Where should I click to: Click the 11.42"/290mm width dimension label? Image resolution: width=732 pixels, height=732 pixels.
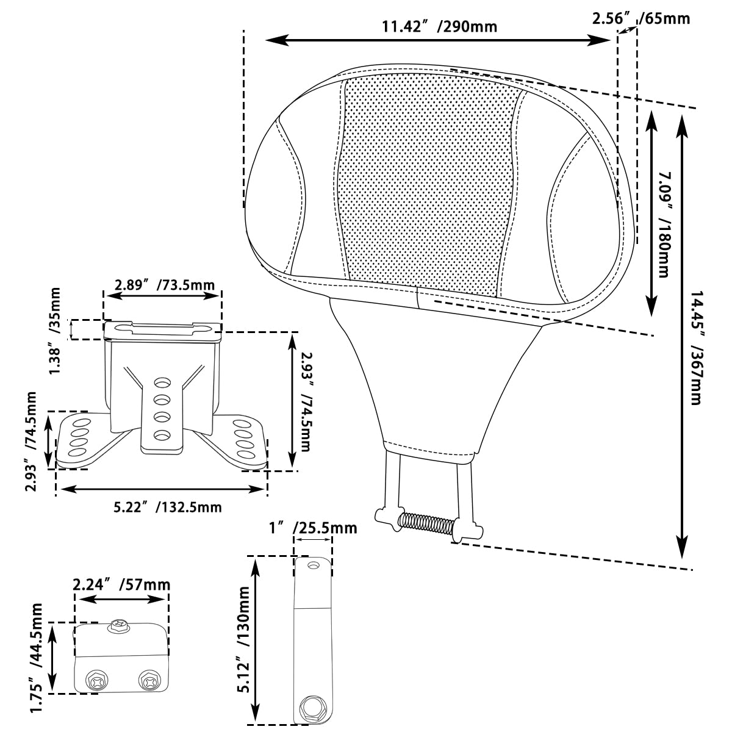(439, 26)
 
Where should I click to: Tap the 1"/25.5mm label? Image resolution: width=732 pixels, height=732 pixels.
(313, 528)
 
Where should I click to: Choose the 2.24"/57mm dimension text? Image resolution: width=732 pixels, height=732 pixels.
(121, 585)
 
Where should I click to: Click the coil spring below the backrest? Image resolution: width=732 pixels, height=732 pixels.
(426, 523)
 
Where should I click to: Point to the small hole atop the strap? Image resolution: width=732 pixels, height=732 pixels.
(314, 566)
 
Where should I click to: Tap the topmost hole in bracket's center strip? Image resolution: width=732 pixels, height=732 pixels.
(162, 383)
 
